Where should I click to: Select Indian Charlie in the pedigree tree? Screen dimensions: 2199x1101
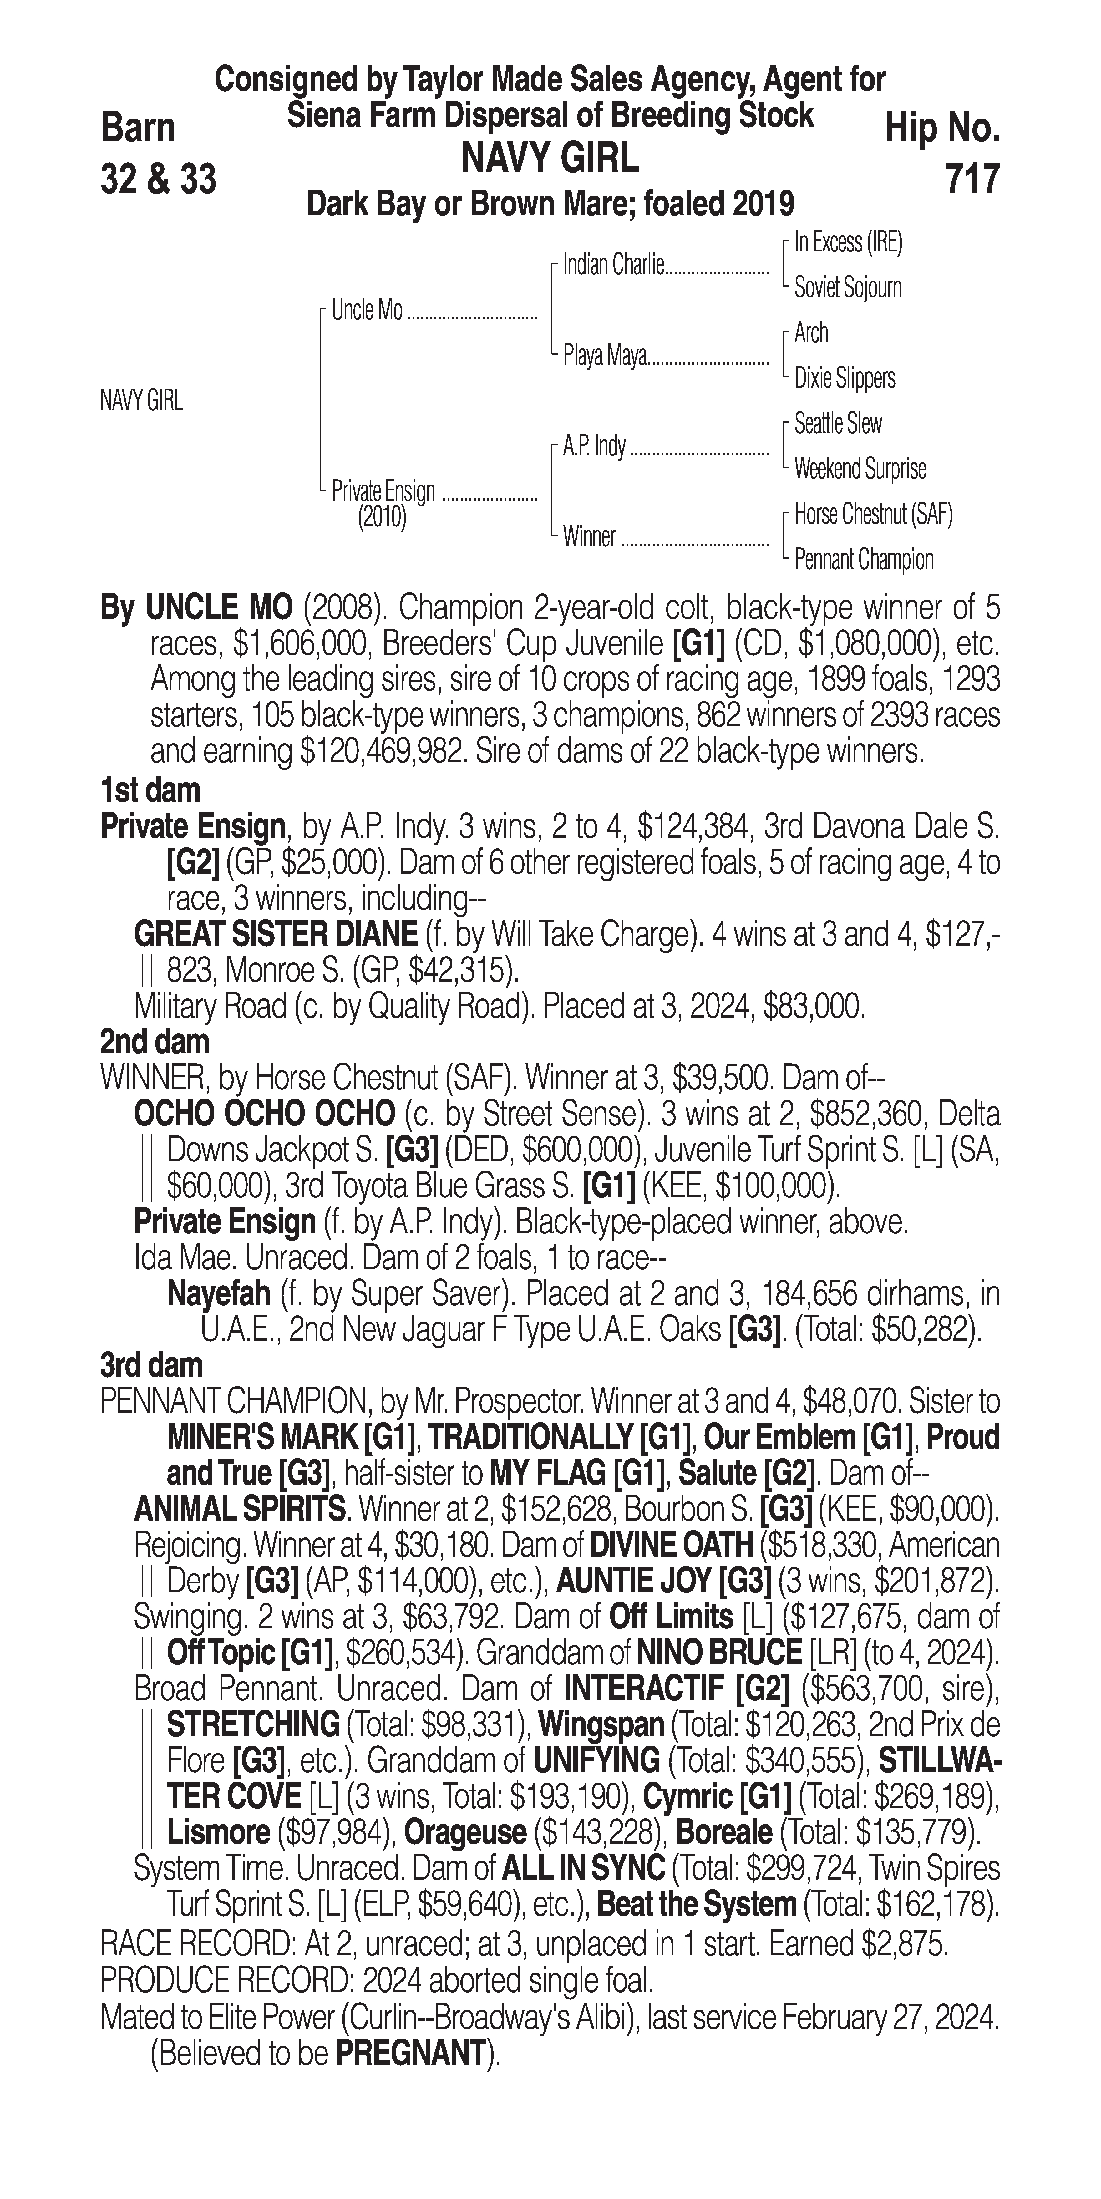click(x=613, y=266)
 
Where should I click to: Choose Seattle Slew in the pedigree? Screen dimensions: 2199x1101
click(x=837, y=424)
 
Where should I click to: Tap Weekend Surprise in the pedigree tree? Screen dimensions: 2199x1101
click(x=860, y=469)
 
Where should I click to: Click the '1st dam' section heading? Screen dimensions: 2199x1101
click(x=150, y=790)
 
